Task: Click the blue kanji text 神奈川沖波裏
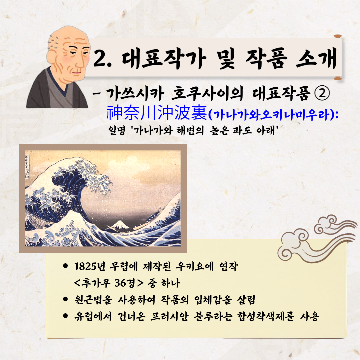point(157,113)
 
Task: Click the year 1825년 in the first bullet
point(90,267)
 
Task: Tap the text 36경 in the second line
point(125,283)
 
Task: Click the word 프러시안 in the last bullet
point(169,316)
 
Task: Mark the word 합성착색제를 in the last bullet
point(266,316)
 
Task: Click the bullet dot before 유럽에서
point(65,316)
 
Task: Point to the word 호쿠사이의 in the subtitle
point(207,93)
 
